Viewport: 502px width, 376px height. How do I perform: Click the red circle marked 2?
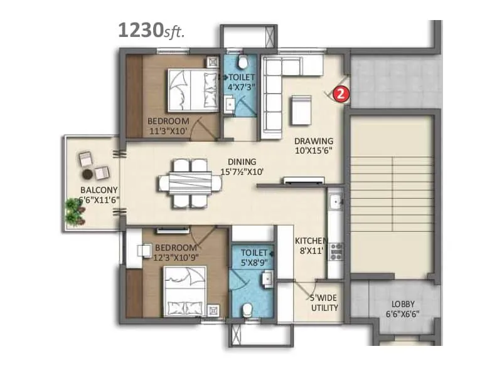pos(339,94)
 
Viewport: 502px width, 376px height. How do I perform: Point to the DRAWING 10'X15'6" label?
pos(314,146)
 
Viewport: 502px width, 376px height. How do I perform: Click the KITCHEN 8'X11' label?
pos(311,246)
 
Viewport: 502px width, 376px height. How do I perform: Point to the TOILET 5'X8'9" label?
pos(252,257)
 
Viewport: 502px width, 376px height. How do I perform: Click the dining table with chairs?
pos(190,183)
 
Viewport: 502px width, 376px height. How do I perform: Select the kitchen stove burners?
pos(336,251)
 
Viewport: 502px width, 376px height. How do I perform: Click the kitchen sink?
pos(336,202)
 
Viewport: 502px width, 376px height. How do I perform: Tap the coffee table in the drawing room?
pos(300,108)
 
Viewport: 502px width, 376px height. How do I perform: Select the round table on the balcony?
pos(88,174)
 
